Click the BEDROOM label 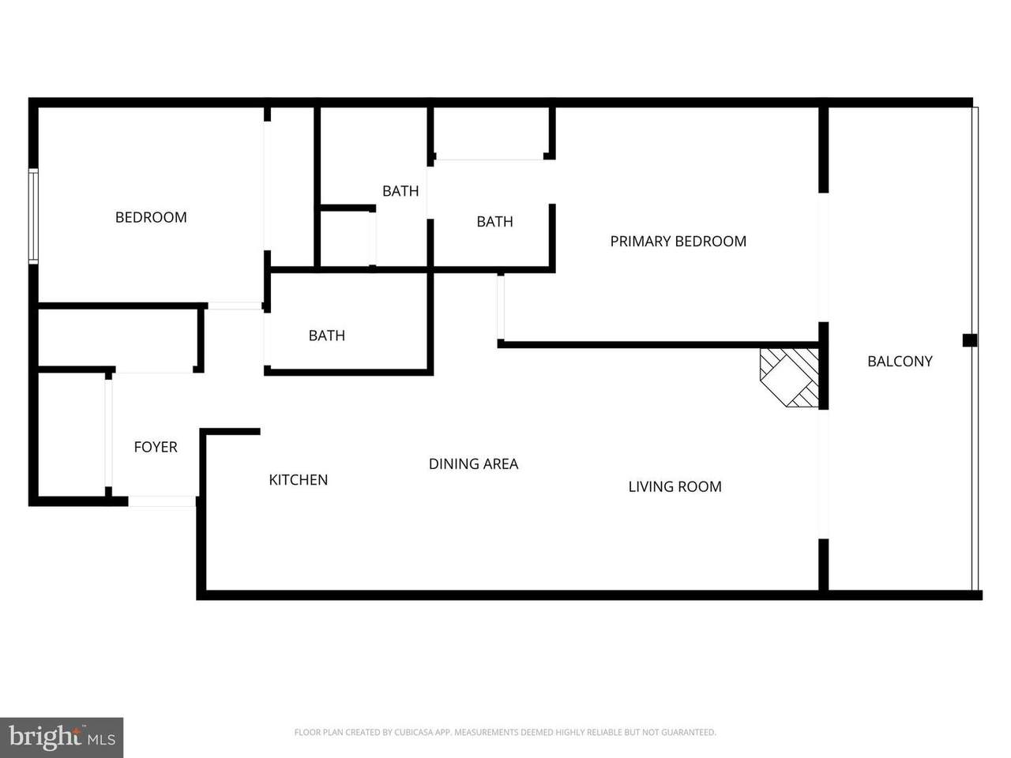coord(151,217)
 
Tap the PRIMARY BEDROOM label coord(678,241)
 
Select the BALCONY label coord(900,362)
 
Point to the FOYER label coord(156,447)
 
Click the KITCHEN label coord(299,480)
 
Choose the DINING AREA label coord(473,464)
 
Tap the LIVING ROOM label coord(675,486)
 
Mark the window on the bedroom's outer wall coord(33,216)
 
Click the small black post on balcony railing coord(969,340)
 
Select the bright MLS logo coord(62,737)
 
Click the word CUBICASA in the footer coord(414,732)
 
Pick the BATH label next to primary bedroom coord(494,222)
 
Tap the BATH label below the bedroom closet coord(326,336)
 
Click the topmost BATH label coord(400,191)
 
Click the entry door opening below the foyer coord(162,501)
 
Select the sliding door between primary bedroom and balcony coord(823,257)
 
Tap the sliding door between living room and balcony coord(823,474)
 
